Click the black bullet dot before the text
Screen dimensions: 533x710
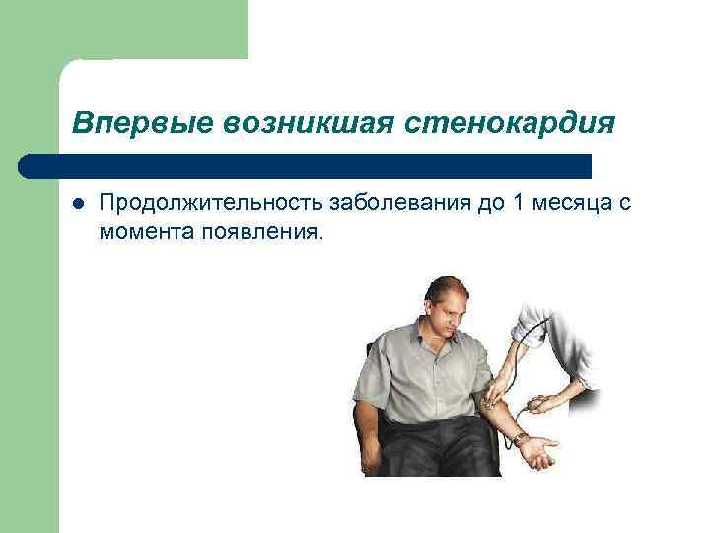[x=79, y=203]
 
